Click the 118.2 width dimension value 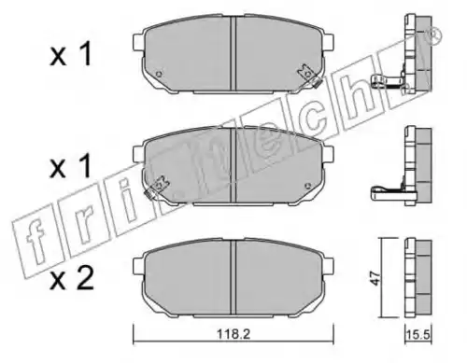coord(233,334)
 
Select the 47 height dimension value coord(376,278)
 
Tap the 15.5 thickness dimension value coord(418,335)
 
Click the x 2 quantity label coord(72,279)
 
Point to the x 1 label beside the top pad coord(70,54)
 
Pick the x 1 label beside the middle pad coord(70,165)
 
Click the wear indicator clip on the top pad coord(308,77)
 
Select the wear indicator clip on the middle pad coord(158,188)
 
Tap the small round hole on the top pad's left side coord(160,74)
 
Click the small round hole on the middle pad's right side coord(308,186)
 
